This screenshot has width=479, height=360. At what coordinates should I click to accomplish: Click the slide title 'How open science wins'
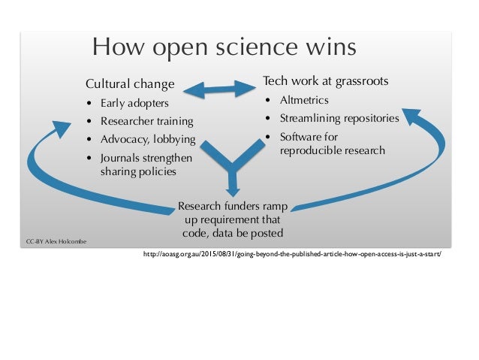click(x=224, y=49)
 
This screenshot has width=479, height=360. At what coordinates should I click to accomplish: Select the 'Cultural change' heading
click(x=129, y=83)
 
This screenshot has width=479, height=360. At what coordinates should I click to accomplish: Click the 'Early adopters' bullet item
click(x=134, y=103)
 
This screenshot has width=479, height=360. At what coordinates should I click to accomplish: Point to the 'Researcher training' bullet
click(x=146, y=121)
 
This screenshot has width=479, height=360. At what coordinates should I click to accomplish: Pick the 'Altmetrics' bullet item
click(x=304, y=100)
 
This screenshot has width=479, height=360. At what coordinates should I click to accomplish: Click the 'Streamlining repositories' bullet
click(x=339, y=118)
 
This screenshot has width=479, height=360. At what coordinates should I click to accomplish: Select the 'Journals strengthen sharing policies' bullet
click(x=146, y=165)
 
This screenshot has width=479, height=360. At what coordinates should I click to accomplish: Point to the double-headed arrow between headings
click(x=218, y=88)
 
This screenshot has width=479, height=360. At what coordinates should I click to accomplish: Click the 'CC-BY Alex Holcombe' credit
click(x=56, y=241)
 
